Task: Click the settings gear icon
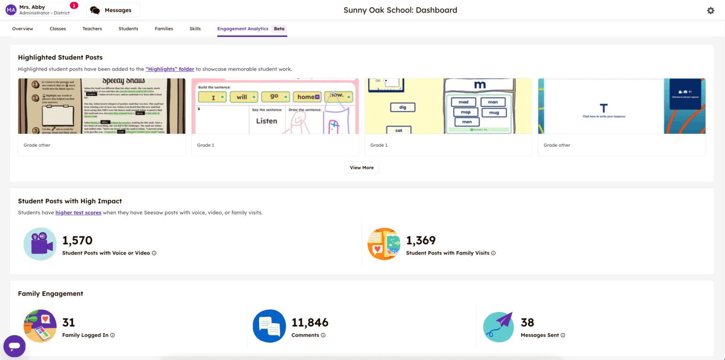(710, 10)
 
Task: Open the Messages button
(113, 10)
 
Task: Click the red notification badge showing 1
(74, 5)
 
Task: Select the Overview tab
(23, 29)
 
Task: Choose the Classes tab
(58, 29)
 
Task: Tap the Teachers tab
(92, 29)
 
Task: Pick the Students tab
(128, 29)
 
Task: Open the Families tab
(164, 29)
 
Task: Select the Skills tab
(195, 29)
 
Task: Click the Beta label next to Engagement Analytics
(279, 29)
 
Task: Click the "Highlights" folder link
(169, 69)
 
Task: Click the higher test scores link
(78, 213)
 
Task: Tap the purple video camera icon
(40, 244)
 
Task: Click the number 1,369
(421, 241)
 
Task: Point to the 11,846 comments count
(310, 323)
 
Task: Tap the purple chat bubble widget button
(14, 346)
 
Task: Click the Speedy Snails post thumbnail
(101, 106)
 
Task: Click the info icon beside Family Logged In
(112, 335)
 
